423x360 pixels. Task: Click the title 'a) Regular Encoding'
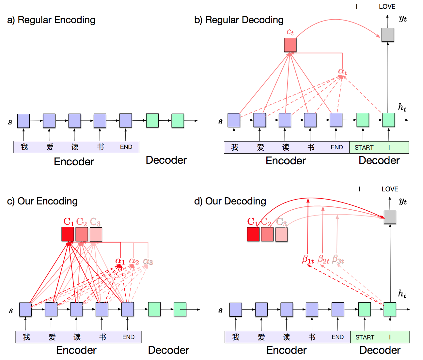point(51,20)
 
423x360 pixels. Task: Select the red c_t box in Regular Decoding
point(290,45)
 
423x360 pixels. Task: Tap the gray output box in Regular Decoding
point(387,35)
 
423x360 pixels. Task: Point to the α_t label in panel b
point(342,71)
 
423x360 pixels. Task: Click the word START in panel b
point(364,147)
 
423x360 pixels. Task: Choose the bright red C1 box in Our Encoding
point(68,234)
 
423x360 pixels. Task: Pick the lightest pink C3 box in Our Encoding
point(96,234)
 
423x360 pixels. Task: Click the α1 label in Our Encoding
point(120,261)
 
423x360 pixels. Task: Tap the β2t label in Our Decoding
point(323,260)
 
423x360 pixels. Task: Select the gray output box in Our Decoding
point(390,217)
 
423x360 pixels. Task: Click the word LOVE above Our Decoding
point(390,189)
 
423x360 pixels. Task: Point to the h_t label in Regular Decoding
point(402,107)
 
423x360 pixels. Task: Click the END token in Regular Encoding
point(126,147)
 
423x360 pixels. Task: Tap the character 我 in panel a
point(24,147)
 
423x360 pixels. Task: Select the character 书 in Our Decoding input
point(312,337)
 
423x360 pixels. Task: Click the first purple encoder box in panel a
point(23,121)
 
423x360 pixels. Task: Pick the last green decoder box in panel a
point(178,121)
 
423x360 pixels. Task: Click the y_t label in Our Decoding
point(403,201)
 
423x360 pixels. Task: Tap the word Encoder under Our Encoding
point(76,350)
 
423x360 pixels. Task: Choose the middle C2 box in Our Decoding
point(267,234)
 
